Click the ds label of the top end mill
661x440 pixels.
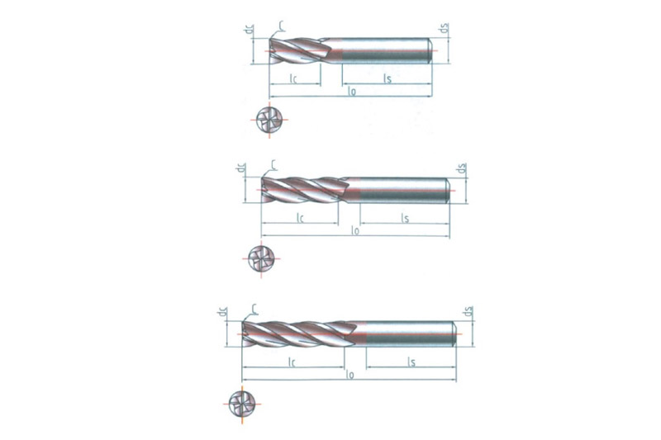[x=444, y=32]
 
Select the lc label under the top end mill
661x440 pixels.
[x=293, y=78]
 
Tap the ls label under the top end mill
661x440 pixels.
[x=387, y=78]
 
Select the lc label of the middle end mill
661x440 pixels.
[x=301, y=219]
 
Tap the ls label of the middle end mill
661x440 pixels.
[x=405, y=219]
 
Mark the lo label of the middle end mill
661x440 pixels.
[x=355, y=232]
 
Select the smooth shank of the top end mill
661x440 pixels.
[x=384, y=49]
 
